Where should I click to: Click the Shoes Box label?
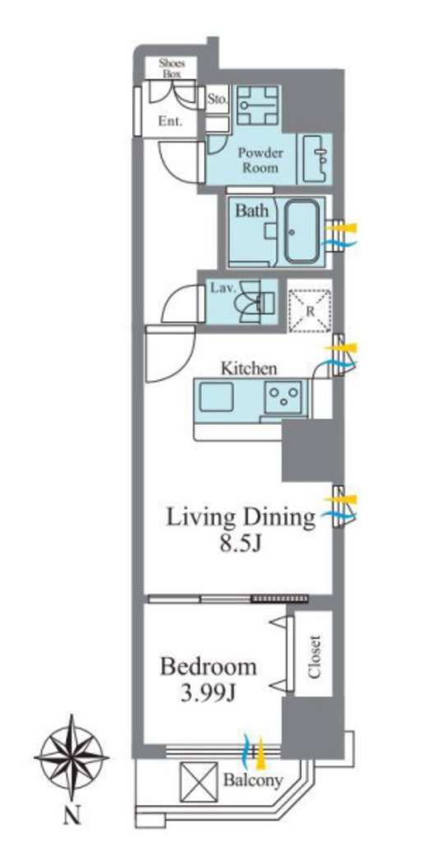pyautogui.click(x=172, y=68)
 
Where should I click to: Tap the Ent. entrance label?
pyautogui.click(x=169, y=122)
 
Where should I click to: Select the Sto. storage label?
pyautogui.click(x=219, y=99)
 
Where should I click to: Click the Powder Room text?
pyautogui.click(x=260, y=160)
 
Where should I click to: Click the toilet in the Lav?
pyautogui.click(x=256, y=302)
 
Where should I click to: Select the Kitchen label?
pyautogui.click(x=250, y=369)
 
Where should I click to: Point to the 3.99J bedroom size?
pyautogui.click(x=209, y=695)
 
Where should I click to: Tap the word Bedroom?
pyautogui.click(x=208, y=668)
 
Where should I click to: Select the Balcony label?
pyautogui.click(x=253, y=780)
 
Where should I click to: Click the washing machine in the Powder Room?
pyautogui.click(x=258, y=104)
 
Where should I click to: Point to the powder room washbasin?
pyautogui.click(x=317, y=158)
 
